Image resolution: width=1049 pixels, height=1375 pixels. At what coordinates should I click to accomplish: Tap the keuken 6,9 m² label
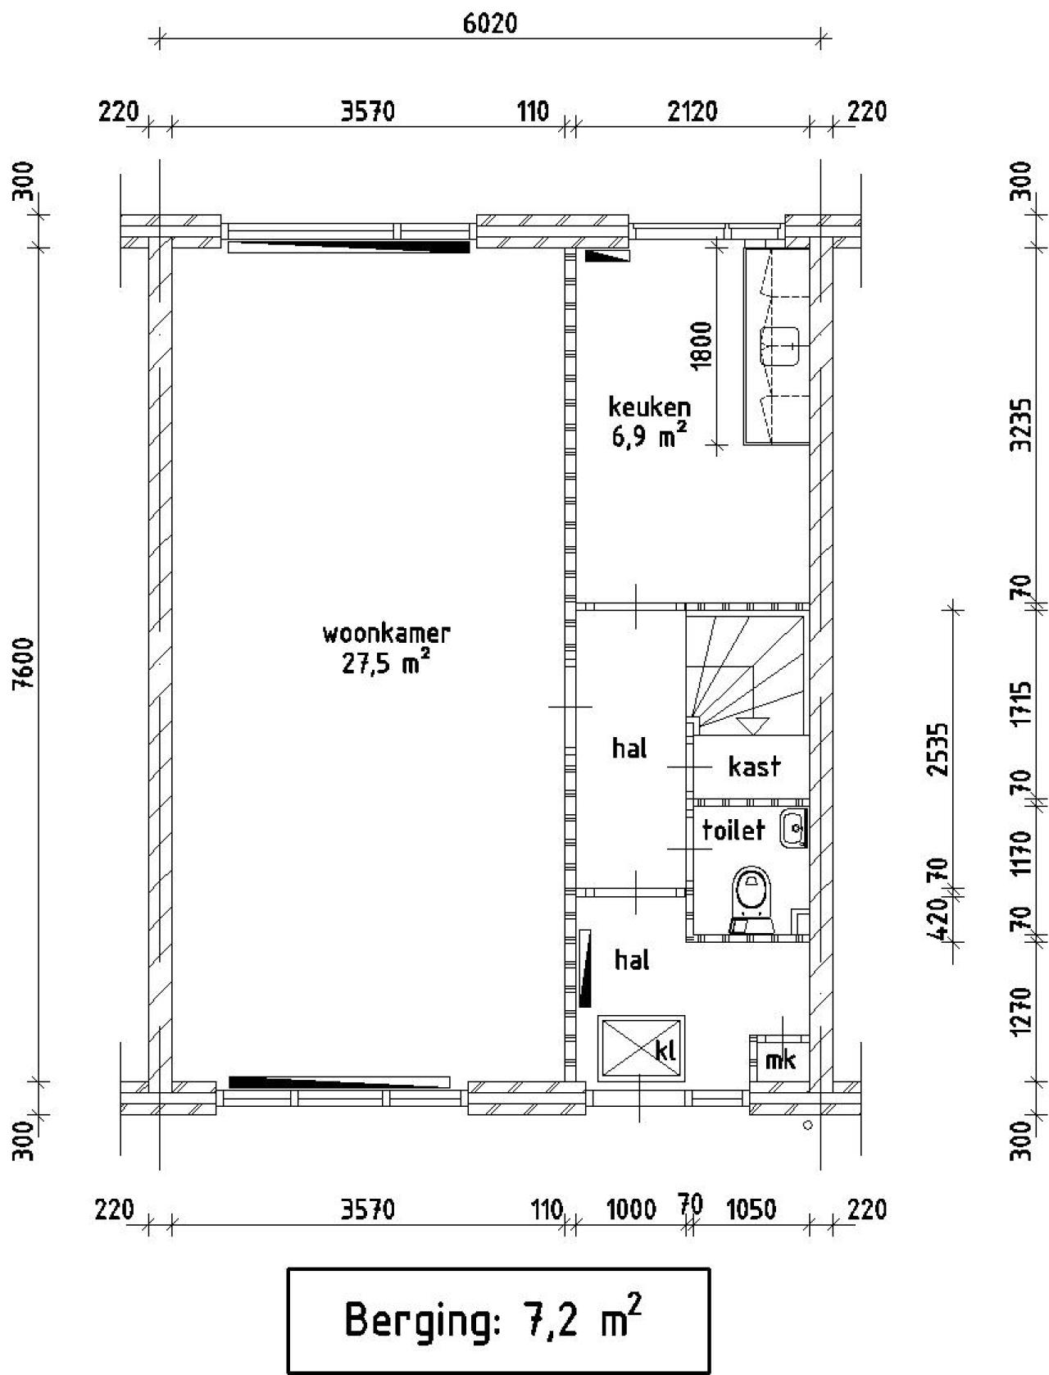tap(649, 421)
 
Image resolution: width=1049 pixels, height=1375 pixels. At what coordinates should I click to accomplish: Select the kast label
tap(754, 767)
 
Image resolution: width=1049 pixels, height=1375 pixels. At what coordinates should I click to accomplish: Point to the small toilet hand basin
tap(794, 828)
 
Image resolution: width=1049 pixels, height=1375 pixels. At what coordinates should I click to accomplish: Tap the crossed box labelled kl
tap(641, 1049)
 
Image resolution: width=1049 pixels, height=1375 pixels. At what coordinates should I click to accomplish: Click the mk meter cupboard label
tap(779, 1060)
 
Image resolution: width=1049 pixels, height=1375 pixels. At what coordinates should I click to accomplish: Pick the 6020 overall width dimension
tap(490, 24)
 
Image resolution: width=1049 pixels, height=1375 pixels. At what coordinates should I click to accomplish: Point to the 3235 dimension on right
tap(1020, 425)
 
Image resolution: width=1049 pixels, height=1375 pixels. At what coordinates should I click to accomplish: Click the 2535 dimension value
tap(941, 748)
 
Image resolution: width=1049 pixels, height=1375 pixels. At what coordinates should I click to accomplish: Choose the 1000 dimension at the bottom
tap(631, 1209)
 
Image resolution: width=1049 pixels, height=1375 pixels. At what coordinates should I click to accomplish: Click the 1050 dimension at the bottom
tap(751, 1209)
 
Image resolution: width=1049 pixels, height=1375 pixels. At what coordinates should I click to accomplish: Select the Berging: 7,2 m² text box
tap(497, 1319)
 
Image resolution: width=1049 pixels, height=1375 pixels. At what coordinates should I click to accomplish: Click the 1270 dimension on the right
tap(1020, 1010)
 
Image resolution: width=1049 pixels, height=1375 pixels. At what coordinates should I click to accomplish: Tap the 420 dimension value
tap(941, 920)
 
